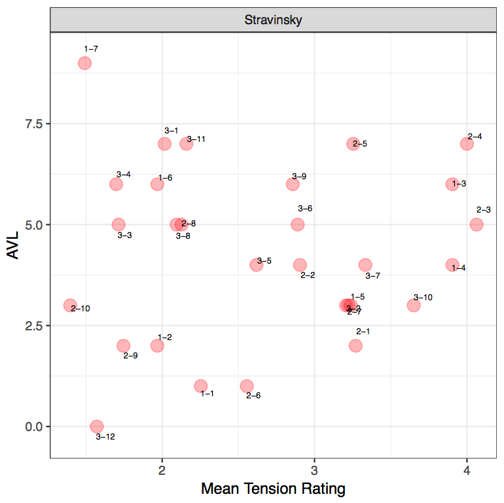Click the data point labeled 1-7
point(84,63)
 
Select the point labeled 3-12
point(97,426)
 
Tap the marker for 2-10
point(70,305)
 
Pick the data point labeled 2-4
point(467,144)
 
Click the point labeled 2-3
point(477,224)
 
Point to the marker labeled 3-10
point(414,305)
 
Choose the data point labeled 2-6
point(247,386)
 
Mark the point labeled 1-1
point(201,386)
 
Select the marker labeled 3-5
point(257,265)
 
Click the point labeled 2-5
point(353,144)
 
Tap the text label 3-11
point(196,139)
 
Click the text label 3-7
point(372,276)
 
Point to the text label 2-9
point(130,356)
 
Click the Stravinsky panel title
point(273,20)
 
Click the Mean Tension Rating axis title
point(273,489)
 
